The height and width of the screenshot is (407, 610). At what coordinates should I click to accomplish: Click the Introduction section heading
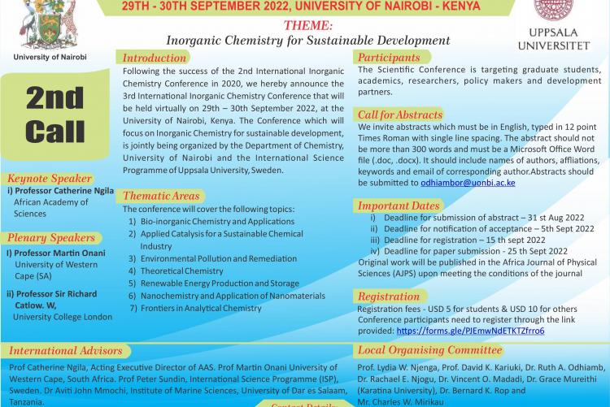click(155, 58)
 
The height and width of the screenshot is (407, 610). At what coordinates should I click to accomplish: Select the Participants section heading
click(390, 58)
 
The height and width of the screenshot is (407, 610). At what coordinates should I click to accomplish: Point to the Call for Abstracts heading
click(400, 115)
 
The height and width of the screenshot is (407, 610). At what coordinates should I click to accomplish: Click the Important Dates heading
click(397, 206)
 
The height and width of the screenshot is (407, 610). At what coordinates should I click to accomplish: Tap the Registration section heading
click(389, 297)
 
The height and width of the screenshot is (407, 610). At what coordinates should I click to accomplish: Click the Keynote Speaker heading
click(50, 178)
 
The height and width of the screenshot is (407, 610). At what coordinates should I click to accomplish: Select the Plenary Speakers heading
click(51, 238)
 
